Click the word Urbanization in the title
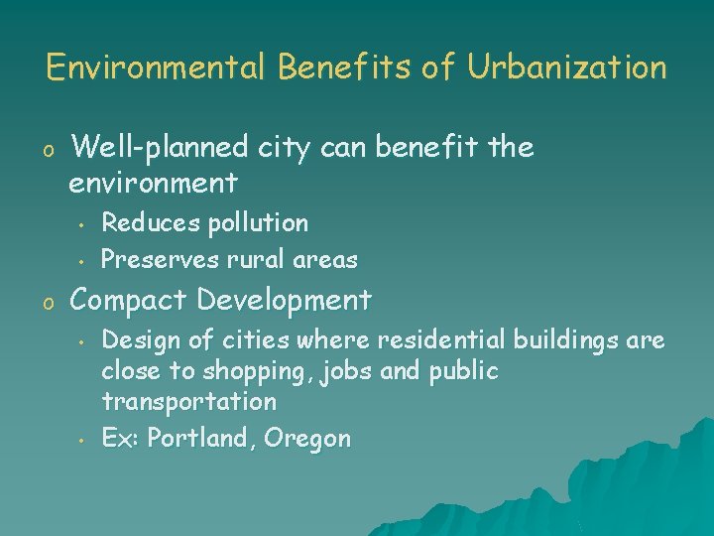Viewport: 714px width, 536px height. pos(567,67)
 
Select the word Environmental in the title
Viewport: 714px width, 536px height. pos(158,67)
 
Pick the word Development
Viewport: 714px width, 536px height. pos(285,299)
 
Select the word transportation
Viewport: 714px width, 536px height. pos(189,402)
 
